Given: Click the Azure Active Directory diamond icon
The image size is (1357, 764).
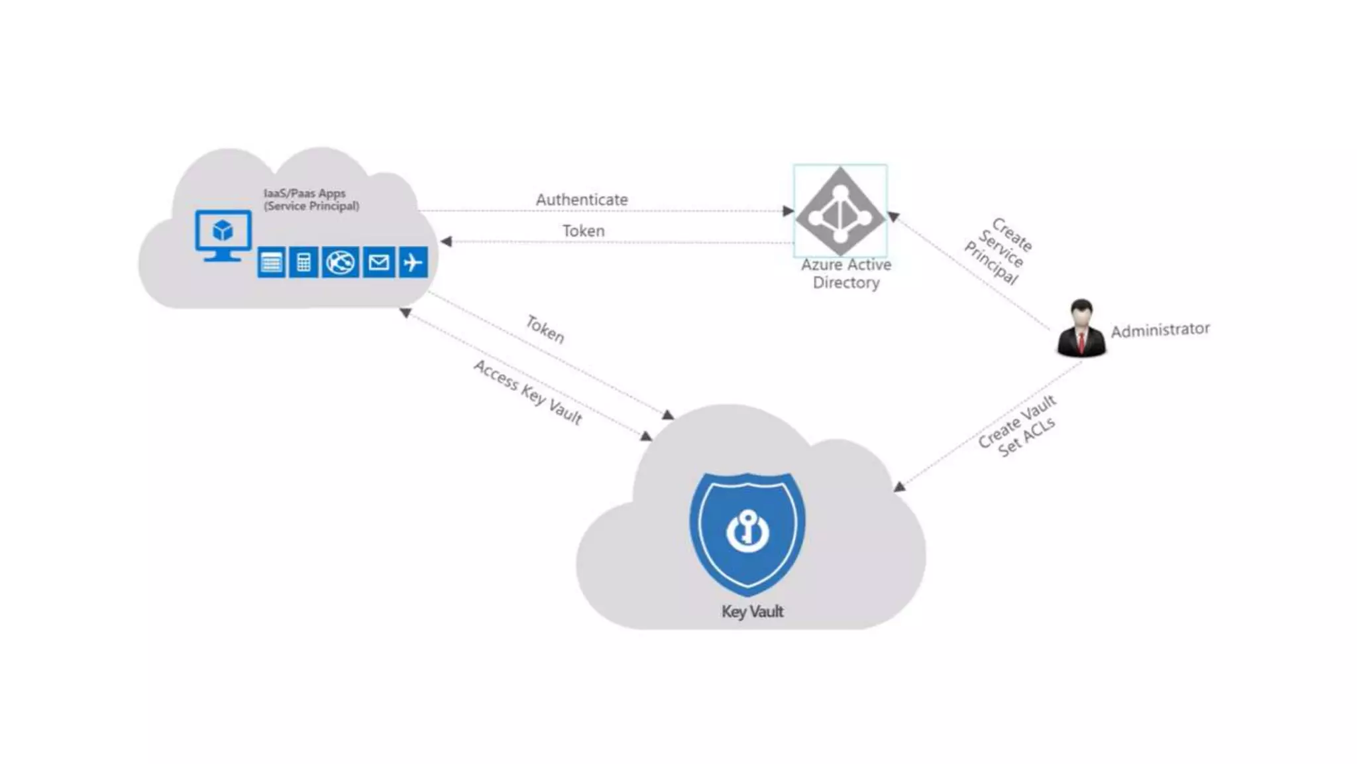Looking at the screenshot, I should [840, 211].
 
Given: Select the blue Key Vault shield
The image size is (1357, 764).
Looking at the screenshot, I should [747, 531].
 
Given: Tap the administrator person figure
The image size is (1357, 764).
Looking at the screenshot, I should [1081, 329].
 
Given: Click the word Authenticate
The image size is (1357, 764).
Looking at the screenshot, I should [582, 200].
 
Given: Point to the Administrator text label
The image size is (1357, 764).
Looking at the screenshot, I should [1160, 330].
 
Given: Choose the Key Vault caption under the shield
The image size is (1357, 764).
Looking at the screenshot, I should [752, 611].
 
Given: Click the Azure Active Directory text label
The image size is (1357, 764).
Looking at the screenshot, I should [846, 273].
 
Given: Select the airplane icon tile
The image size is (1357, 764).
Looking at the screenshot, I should [413, 263].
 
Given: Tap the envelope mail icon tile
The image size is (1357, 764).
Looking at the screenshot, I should [378, 263].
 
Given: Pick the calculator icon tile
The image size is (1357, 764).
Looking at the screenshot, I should [303, 263].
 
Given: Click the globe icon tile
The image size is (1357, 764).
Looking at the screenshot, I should [341, 263].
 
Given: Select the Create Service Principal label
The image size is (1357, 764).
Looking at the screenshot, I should [998, 251].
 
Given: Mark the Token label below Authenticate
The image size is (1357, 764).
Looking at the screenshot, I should [583, 231].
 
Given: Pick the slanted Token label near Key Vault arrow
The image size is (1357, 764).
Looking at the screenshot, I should [545, 329].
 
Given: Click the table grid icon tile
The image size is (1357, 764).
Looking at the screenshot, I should [271, 263].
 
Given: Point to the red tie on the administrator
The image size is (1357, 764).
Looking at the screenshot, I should [1081, 342].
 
